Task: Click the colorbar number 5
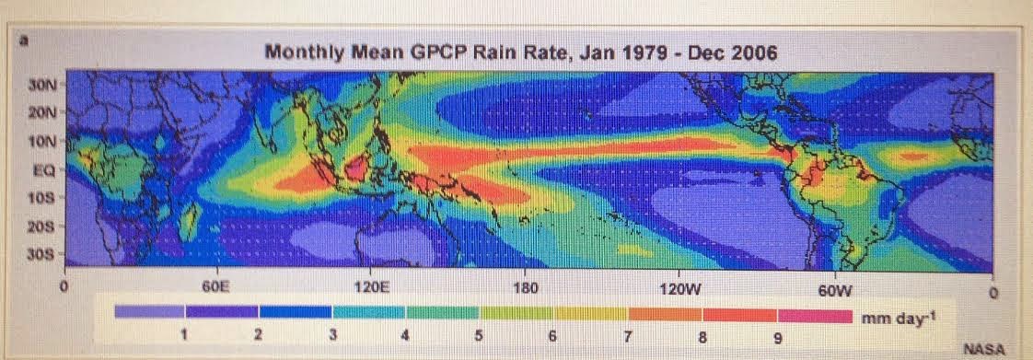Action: click(x=479, y=335)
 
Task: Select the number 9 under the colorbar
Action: click(x=777, y=337)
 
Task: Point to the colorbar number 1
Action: click(x=184, y=335)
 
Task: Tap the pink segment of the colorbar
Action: click(x=814, y=315)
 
